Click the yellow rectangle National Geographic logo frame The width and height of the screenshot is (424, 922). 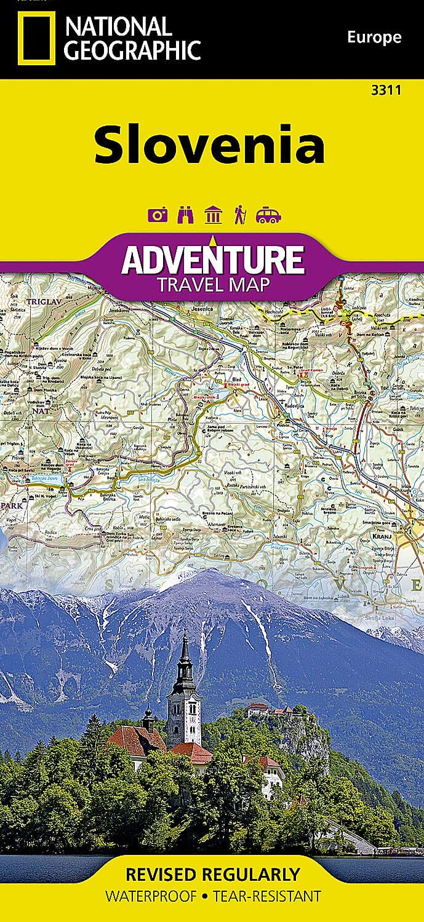click(x=36, y=38)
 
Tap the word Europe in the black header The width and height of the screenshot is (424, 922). click(x=374, y=37)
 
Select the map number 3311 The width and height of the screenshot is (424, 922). click(x=386, y=90)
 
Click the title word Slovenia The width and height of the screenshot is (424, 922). click(x=209, y=145)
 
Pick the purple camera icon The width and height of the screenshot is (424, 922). click(x=158, y=215)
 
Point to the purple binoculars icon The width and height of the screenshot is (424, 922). click(x=185, y=215)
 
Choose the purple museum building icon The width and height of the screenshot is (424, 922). click(x=214, y=215)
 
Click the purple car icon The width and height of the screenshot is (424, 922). click(x=268, y=215)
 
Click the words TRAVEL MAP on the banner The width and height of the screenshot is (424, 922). click(x=212, y=285)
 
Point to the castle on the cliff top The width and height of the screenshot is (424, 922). click(x=274, y=710)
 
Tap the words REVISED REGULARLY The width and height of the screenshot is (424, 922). click(x=212, y=874)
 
